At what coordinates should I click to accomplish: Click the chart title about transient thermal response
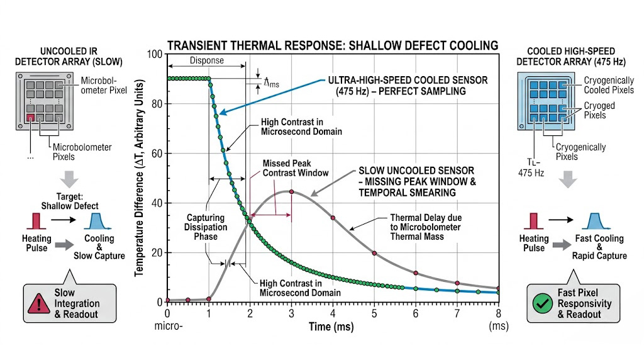(x=332, y=45)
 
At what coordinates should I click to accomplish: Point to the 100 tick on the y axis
(x=155, y=54)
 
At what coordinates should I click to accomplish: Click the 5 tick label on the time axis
(x=374, y=313)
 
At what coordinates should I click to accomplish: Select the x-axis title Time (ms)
(x=332, y=327)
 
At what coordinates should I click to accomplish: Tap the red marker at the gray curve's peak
(x=291, y=192)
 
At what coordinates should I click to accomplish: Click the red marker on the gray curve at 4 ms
(x=333, y=218)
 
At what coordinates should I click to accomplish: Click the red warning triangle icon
(x=39, y=303)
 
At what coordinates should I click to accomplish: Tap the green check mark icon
(x=540, y=303)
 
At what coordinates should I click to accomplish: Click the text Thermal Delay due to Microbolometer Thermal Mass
(x=416, y=228)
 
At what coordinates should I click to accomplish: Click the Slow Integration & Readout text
(x=76, y=303)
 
